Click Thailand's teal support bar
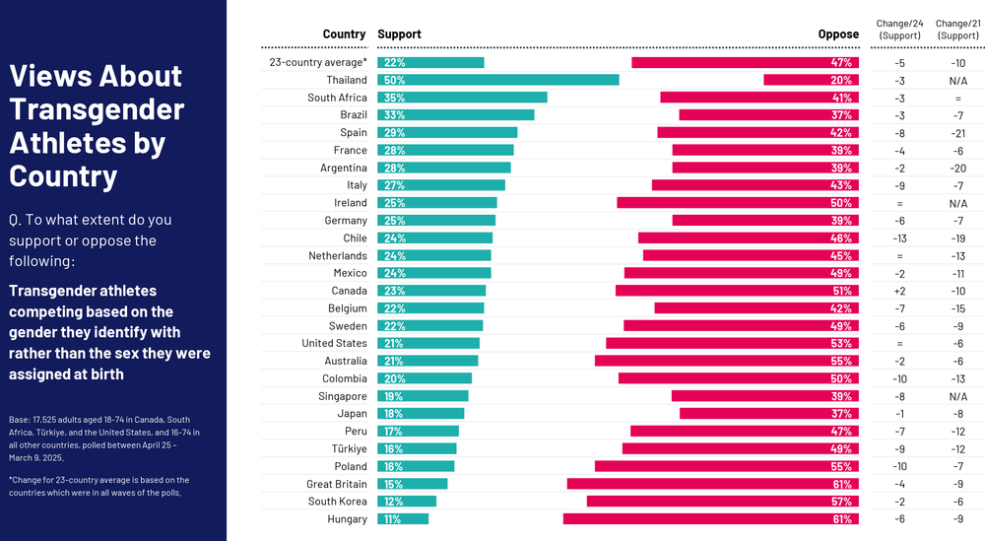[498, 80]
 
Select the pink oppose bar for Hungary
[710, 519]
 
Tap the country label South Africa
[337, 98]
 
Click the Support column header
[399, 34]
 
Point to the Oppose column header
[838, 34]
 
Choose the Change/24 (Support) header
[899, 29]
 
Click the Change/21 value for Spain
[956, 133]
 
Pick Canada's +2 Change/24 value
[899, 291]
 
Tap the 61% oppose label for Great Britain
[841, 484]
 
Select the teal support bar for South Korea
[407, 502]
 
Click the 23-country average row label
[318, 62]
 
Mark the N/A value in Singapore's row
[956, 396]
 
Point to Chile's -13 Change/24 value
[899, 238]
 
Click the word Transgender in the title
[96, 108]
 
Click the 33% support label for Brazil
[395, 115]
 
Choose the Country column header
[344, 34]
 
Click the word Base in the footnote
[19, 419]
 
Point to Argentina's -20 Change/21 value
[956, 168]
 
